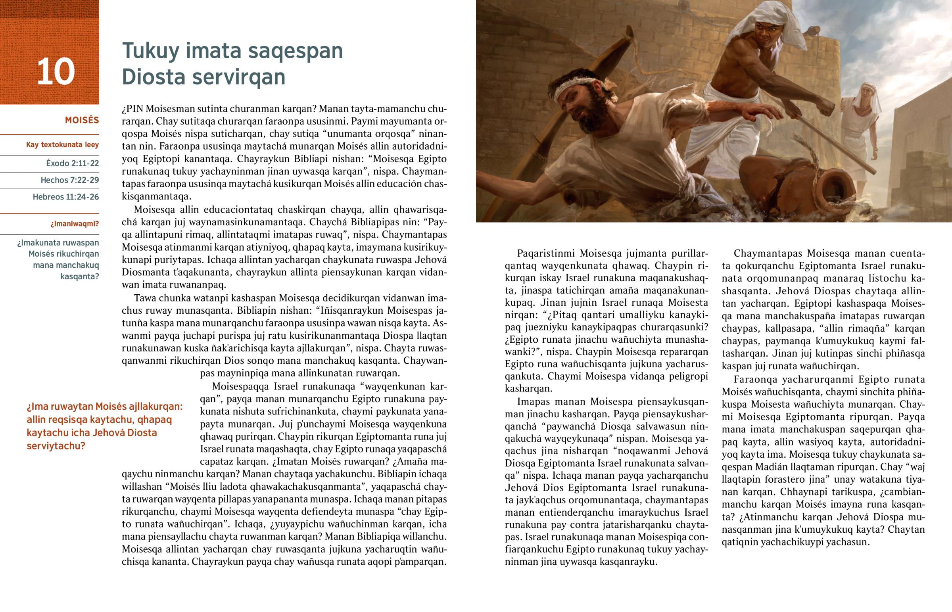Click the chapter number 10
point(56,71)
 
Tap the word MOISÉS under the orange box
point(82,120)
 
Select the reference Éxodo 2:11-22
point(72,163)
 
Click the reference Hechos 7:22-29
point(69,180)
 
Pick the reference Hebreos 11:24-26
point(65,197)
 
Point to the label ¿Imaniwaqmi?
point(74,224)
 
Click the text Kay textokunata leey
point(62,145)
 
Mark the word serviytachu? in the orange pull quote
point(56,446)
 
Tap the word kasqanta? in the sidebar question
point(79,276)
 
